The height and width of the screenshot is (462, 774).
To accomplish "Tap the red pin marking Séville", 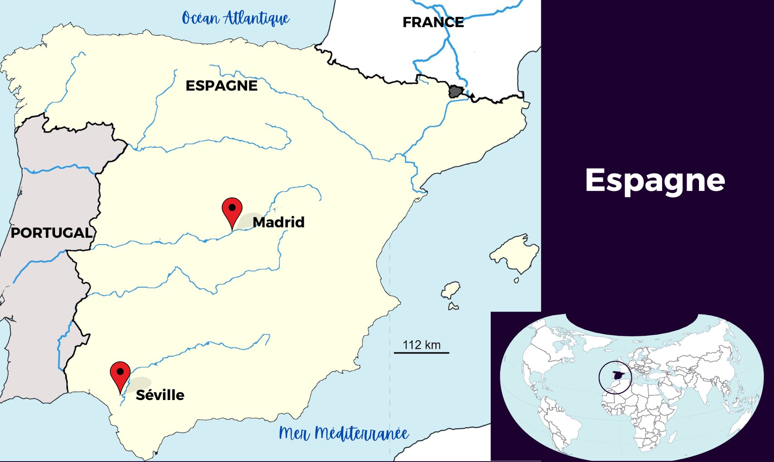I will pyautogui.click(x=120, y=375).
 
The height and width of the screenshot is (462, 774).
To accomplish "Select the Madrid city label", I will pyautogui.click(x=279, y=222).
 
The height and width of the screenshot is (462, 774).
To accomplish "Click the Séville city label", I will pyautogui.click(x=160, y=395).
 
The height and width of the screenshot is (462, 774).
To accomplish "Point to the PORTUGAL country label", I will pyautogui.click(x=51, y=233).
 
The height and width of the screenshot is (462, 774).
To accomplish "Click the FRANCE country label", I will pyautogui.click(x=433, y=22).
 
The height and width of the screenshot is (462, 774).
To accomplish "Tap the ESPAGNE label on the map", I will pyautogui.click(x=221, y=85).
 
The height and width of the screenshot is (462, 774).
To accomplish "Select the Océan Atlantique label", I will pyautogui.click(x=235, y=18).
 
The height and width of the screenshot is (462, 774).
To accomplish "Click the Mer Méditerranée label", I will pyautogui.click(x=343, y=434).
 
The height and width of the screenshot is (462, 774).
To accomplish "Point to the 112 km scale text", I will pyautogui.click(x=421, y=345).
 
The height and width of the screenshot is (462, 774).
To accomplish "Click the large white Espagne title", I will pyautogui.click(x=655, y=180).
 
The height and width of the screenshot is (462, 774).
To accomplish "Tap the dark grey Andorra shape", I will pyautogui.click(x=456, y=92).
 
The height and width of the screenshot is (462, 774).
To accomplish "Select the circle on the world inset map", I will pyautogui.click(x=615, y=377).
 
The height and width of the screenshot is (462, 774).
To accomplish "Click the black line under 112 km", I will pyautogui.click(x=421, y=353).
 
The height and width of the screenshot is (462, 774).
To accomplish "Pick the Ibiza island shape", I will pyautogui.click(x=450, y=290).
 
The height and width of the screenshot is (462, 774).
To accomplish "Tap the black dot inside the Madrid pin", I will pyautogui.click(x=232, y=208).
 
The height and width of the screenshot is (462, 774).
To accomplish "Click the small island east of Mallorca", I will pyautogui.click(x=517, y=280).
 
